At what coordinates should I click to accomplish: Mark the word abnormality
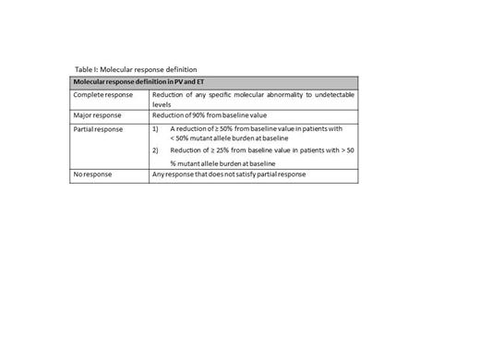coord(278,95)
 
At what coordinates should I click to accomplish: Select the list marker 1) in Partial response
coord(156,128)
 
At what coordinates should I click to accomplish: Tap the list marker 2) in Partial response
coord(156,149)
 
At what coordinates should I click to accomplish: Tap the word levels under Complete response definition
coord(162,104)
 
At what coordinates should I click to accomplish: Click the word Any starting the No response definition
coord(159,175)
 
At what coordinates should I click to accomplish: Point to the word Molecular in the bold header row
coord(89,82)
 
